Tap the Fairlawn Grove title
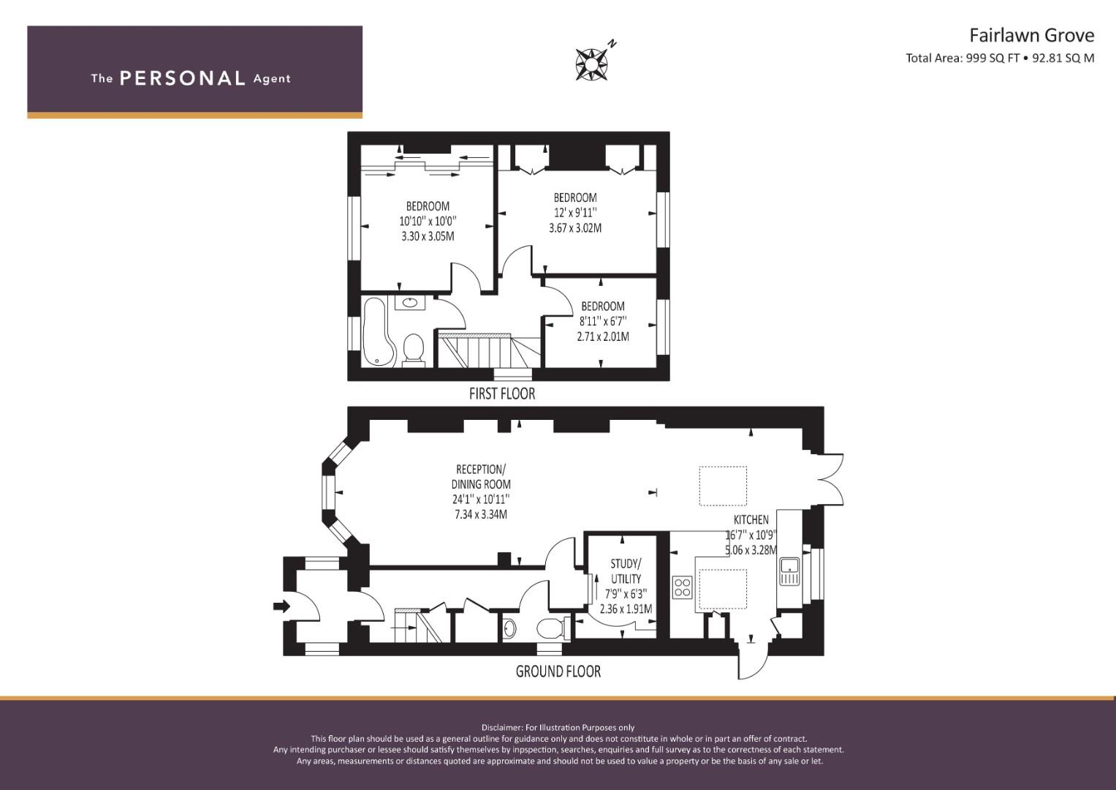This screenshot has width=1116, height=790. tap(1031, 35)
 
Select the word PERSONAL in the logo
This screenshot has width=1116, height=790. tap(182, 78)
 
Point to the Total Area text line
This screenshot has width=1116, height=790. tap(1000, 59)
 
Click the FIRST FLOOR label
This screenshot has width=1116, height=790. tap(501, 394)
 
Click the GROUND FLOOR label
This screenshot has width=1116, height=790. tap(558, 671)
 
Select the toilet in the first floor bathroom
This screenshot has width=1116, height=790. tap(414, 348)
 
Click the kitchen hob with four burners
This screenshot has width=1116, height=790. tap(682, 587)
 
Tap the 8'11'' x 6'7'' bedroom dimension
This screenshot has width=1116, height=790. tap(603, 321)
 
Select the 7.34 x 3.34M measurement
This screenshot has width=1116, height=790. tap(480, 514)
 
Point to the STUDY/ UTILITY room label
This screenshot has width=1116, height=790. tap(626, 571)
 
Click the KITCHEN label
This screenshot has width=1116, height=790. tap(751, 519)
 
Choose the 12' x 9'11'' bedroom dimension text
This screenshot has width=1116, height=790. tap(575, 212)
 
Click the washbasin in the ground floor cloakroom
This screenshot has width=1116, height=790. tap(509, 628)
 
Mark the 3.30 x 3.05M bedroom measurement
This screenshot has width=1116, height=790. tap(428, 236)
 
